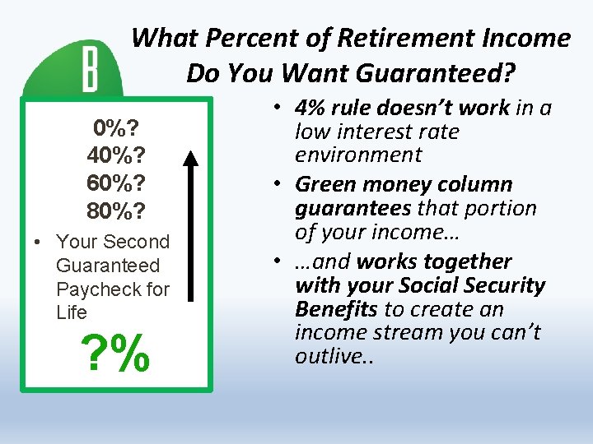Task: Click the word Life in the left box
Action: (x=72, y=312)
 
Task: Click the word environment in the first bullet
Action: (x=358, y=155)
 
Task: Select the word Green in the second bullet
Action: (x=325, y=184)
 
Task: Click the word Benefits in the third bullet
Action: (x=336, y=309)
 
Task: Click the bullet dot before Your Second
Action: (x=40, y=243)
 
